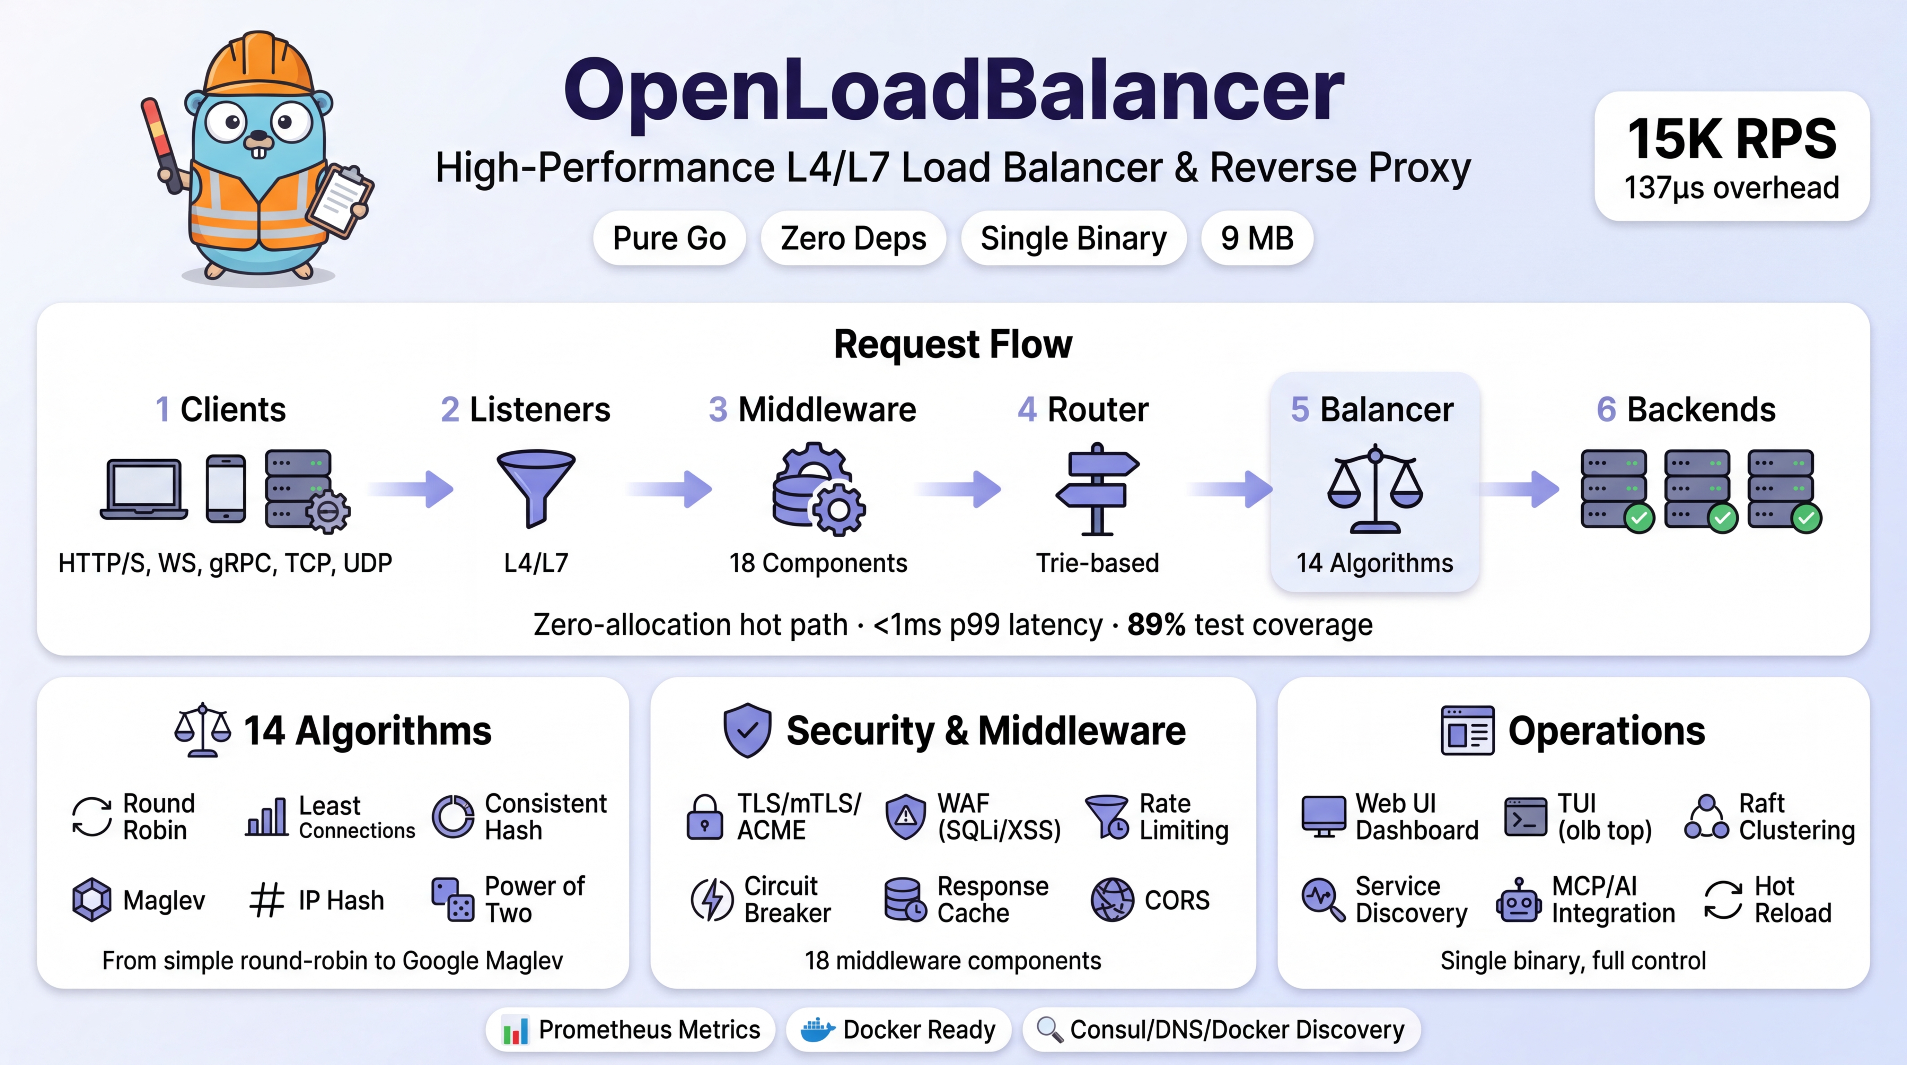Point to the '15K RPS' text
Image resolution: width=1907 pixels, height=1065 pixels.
tap(1731, 139)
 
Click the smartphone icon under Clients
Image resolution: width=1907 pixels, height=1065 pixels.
tap(226, 489)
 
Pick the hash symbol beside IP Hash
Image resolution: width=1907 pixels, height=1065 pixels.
tap(266, 900)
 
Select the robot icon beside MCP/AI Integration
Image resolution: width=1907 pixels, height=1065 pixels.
tap(1518, 900)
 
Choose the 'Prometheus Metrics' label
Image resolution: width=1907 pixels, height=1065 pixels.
tap(649, 1029)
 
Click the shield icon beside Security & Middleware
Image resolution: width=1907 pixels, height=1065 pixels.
tap(747, 730)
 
